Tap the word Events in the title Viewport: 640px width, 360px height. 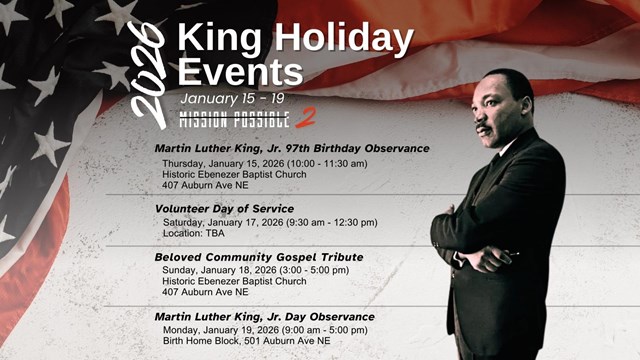click(x=239, y=72)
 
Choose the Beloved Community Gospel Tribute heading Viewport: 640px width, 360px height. click(x=258, y=257)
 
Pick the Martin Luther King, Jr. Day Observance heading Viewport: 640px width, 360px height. click(x=265, y=316)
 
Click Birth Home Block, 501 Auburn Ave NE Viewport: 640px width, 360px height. click(x=246, y=341)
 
